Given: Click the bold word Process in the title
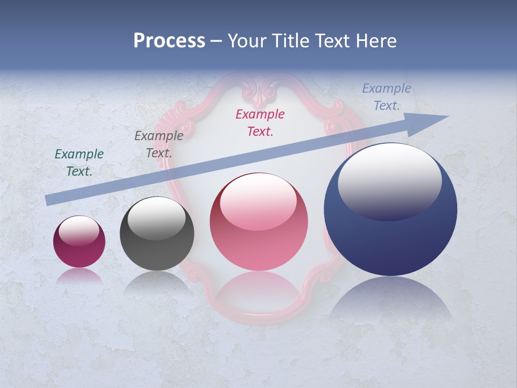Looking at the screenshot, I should coord(169,41).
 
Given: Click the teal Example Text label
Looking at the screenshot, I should coord(79,163).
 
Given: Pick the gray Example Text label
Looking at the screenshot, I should coord(158,144).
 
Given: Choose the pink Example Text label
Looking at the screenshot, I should coord(260,122).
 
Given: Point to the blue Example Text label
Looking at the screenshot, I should coord(386,97).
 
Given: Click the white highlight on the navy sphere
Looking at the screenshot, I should coord(389,181).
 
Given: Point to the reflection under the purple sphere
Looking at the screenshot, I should coord(79,276).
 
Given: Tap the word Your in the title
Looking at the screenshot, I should coord(247,41).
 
